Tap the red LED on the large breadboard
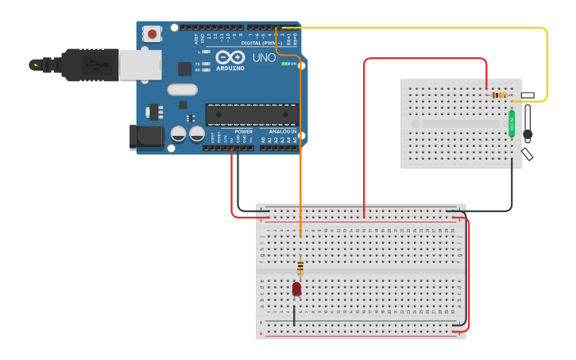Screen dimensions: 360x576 pos(296,288)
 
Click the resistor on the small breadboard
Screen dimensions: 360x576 pos(499,95)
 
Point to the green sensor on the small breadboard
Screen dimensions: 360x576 pos(512,123)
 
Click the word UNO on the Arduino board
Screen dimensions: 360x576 pos(264,59)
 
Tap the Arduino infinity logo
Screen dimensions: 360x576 pos(230,58)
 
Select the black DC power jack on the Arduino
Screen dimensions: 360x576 pos(148,137)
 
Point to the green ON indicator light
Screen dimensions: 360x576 pos(284,64)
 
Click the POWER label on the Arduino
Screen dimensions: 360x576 pos(243,131)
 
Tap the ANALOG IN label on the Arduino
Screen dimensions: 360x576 pos(282,131)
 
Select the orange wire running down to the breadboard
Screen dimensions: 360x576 pos(300,159)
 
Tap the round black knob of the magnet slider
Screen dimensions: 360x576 pos(527,136)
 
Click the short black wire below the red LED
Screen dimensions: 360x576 pos(294,315)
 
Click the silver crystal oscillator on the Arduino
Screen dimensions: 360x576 pos(182,90)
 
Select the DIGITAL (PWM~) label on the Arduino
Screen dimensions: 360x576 pos(262,42)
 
